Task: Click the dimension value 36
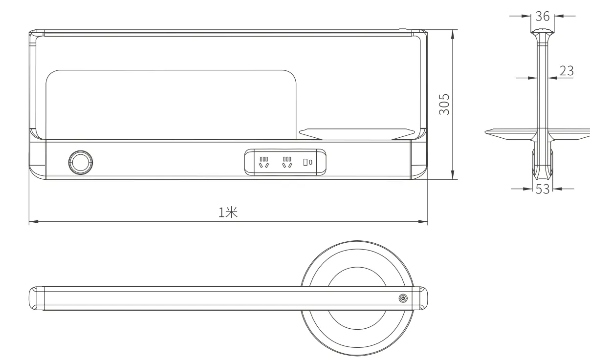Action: (542, 16)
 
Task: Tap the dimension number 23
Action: (567, 71)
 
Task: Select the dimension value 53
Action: (543, 189)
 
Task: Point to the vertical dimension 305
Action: (444, 104)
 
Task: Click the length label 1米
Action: (228, 212)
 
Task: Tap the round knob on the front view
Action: (81, 162)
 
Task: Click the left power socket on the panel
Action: (264, 162)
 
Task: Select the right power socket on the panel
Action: (287, 162)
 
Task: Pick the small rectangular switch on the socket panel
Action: (306, 162)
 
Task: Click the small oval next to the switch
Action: (310, 162)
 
